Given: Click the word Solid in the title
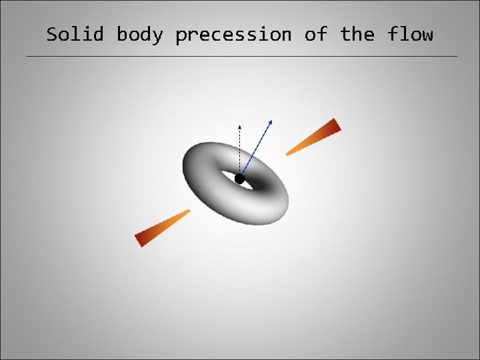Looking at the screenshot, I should point(75,34).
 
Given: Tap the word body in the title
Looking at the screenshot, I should point(139,34).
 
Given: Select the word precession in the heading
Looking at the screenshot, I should point(233,34).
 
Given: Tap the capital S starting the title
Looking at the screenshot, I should point(52,34).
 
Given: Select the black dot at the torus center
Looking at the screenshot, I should point(239,179).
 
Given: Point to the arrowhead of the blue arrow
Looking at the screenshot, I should point(271,121).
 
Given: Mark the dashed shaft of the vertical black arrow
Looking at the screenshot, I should point(240,150).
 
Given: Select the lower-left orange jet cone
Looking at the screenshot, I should point(161,228).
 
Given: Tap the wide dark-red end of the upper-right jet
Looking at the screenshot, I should point(334,126).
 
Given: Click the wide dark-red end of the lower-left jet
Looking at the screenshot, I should point(142,238).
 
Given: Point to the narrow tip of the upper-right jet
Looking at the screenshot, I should point(289,154).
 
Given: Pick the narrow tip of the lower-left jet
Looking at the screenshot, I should point(188,211).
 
